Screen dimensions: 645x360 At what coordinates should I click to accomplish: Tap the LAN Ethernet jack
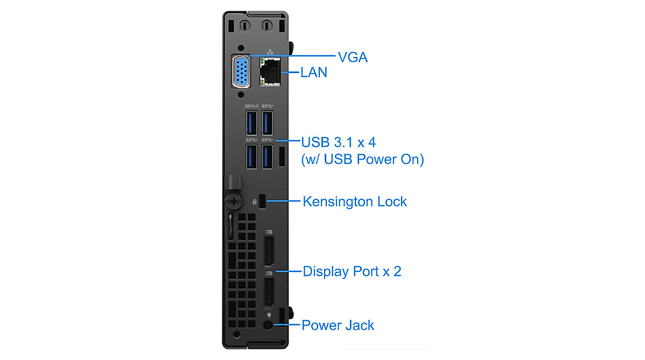click(270, 73)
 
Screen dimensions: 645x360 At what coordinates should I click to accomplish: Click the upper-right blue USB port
click(268, 123)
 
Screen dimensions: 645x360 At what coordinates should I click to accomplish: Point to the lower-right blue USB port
click(268, 156)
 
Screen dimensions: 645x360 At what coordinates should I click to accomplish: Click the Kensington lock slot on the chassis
click(263, 201)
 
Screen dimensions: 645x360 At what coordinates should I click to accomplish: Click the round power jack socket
click(268, 325)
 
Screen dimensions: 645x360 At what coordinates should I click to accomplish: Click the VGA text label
click(352, 57)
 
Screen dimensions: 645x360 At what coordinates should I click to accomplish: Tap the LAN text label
click(313, 73)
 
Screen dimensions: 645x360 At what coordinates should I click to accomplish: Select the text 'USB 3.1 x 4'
click(339, 143)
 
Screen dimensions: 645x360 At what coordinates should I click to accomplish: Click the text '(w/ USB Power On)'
click(361, 160)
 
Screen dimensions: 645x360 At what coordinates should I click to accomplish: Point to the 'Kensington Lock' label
click(355, 202)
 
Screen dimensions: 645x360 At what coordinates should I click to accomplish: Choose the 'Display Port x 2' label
click(352, 271)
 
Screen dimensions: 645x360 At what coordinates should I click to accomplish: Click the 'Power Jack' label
click(338, 325)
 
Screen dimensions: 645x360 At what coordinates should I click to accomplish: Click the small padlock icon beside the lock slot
click(254, 202)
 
